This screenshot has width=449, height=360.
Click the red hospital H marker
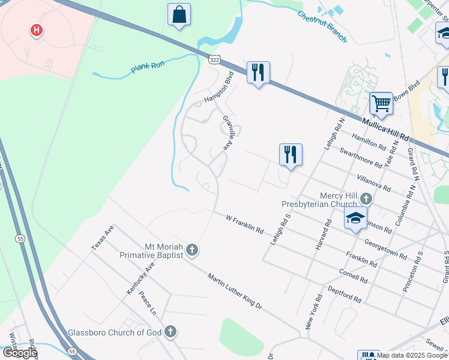tap(37, 29)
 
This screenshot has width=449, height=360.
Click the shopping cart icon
tap(381, 104)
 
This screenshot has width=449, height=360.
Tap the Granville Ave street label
tap(228, 132)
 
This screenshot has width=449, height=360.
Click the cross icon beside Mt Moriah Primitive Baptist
tap(191, 250)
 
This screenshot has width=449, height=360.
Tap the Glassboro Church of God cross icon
tap(170, 331)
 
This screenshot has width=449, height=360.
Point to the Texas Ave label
tap(103, 238)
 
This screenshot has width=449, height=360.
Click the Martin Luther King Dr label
tap(235, 291)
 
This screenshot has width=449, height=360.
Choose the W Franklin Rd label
tap(244, 224)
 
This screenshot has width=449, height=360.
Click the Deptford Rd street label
tap(344, 295)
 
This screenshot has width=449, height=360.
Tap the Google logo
tap(20, 353)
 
